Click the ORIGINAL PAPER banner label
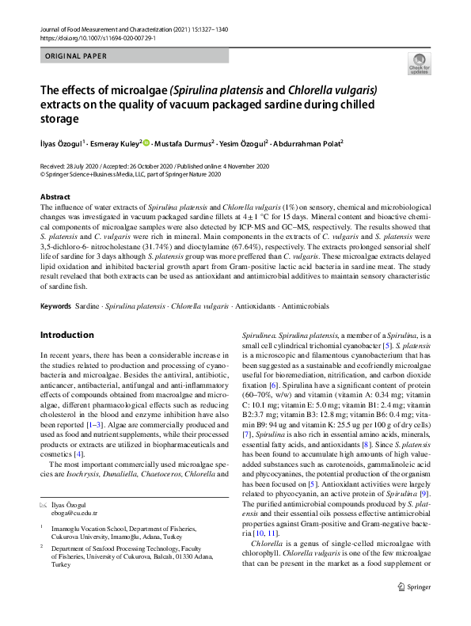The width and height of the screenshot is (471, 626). [x=78, y=56]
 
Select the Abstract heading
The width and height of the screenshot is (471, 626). [x=55, y=196]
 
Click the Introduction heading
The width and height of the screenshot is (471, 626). [x=67, y=335]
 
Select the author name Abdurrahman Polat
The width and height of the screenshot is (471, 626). [x=313, y=143]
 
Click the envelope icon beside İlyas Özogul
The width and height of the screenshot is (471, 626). [x=44, y=525]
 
